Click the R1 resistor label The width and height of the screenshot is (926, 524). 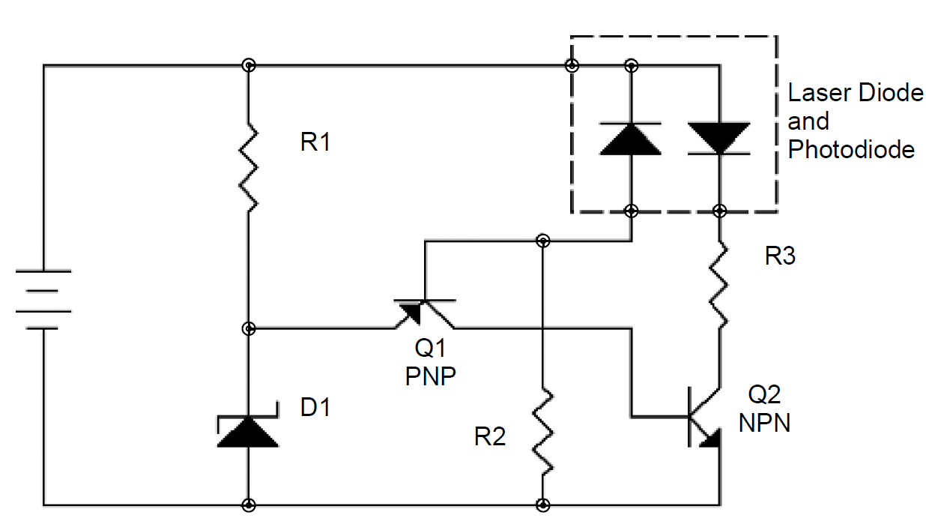[315, 142]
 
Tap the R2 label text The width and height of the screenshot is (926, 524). [490, 436]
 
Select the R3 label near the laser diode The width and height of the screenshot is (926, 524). [780, 257]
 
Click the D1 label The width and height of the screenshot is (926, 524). [315, 409]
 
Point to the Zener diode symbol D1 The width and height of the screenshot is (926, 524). [248, 430]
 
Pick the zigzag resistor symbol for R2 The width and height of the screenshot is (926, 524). [542, 430]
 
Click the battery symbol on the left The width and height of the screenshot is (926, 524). [43, 300]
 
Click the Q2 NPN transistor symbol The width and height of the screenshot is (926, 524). [704, 420]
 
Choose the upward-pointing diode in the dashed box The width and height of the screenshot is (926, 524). [631, 138]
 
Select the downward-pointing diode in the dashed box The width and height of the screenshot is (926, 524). [719, 138]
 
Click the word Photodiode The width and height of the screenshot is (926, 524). [851, 149]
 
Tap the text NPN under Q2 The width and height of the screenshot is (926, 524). [764, 424]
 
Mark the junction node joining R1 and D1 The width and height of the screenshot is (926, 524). [249, 328]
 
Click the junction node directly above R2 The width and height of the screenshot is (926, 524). [542, 241]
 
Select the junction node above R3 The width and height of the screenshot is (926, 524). [720, 210]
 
